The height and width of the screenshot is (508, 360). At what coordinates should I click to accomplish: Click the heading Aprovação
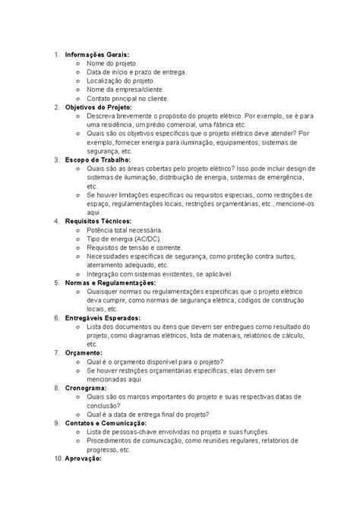pos(85,459)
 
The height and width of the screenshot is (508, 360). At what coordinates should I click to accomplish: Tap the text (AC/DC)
pos(144,238)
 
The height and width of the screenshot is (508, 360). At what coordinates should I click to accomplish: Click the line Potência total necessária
pos(125,230)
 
